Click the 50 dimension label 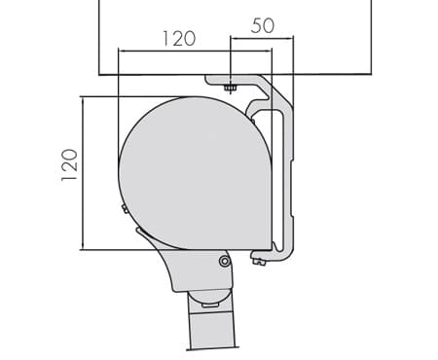pos(263,25)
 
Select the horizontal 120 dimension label pos(179,39)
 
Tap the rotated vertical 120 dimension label pos(69,164)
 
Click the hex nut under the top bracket pos(230,88)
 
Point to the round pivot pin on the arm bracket pos(225,261)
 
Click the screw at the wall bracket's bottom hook pos(258,261)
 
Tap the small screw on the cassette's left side pos(125,208)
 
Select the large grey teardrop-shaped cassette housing pos(195,173)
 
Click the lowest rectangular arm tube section pos(211,332)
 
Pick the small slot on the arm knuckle pos(210,306)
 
